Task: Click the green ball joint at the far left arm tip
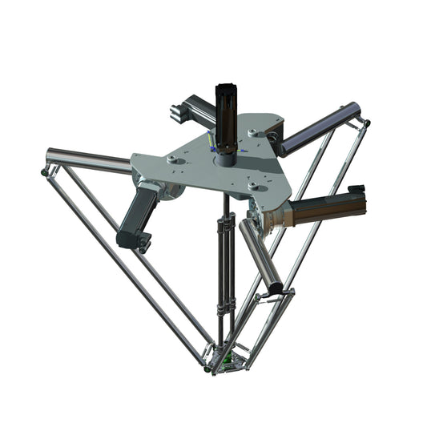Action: coord(41,171)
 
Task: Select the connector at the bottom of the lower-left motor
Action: coord(141,240)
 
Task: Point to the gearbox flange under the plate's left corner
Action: coord(172,190)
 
